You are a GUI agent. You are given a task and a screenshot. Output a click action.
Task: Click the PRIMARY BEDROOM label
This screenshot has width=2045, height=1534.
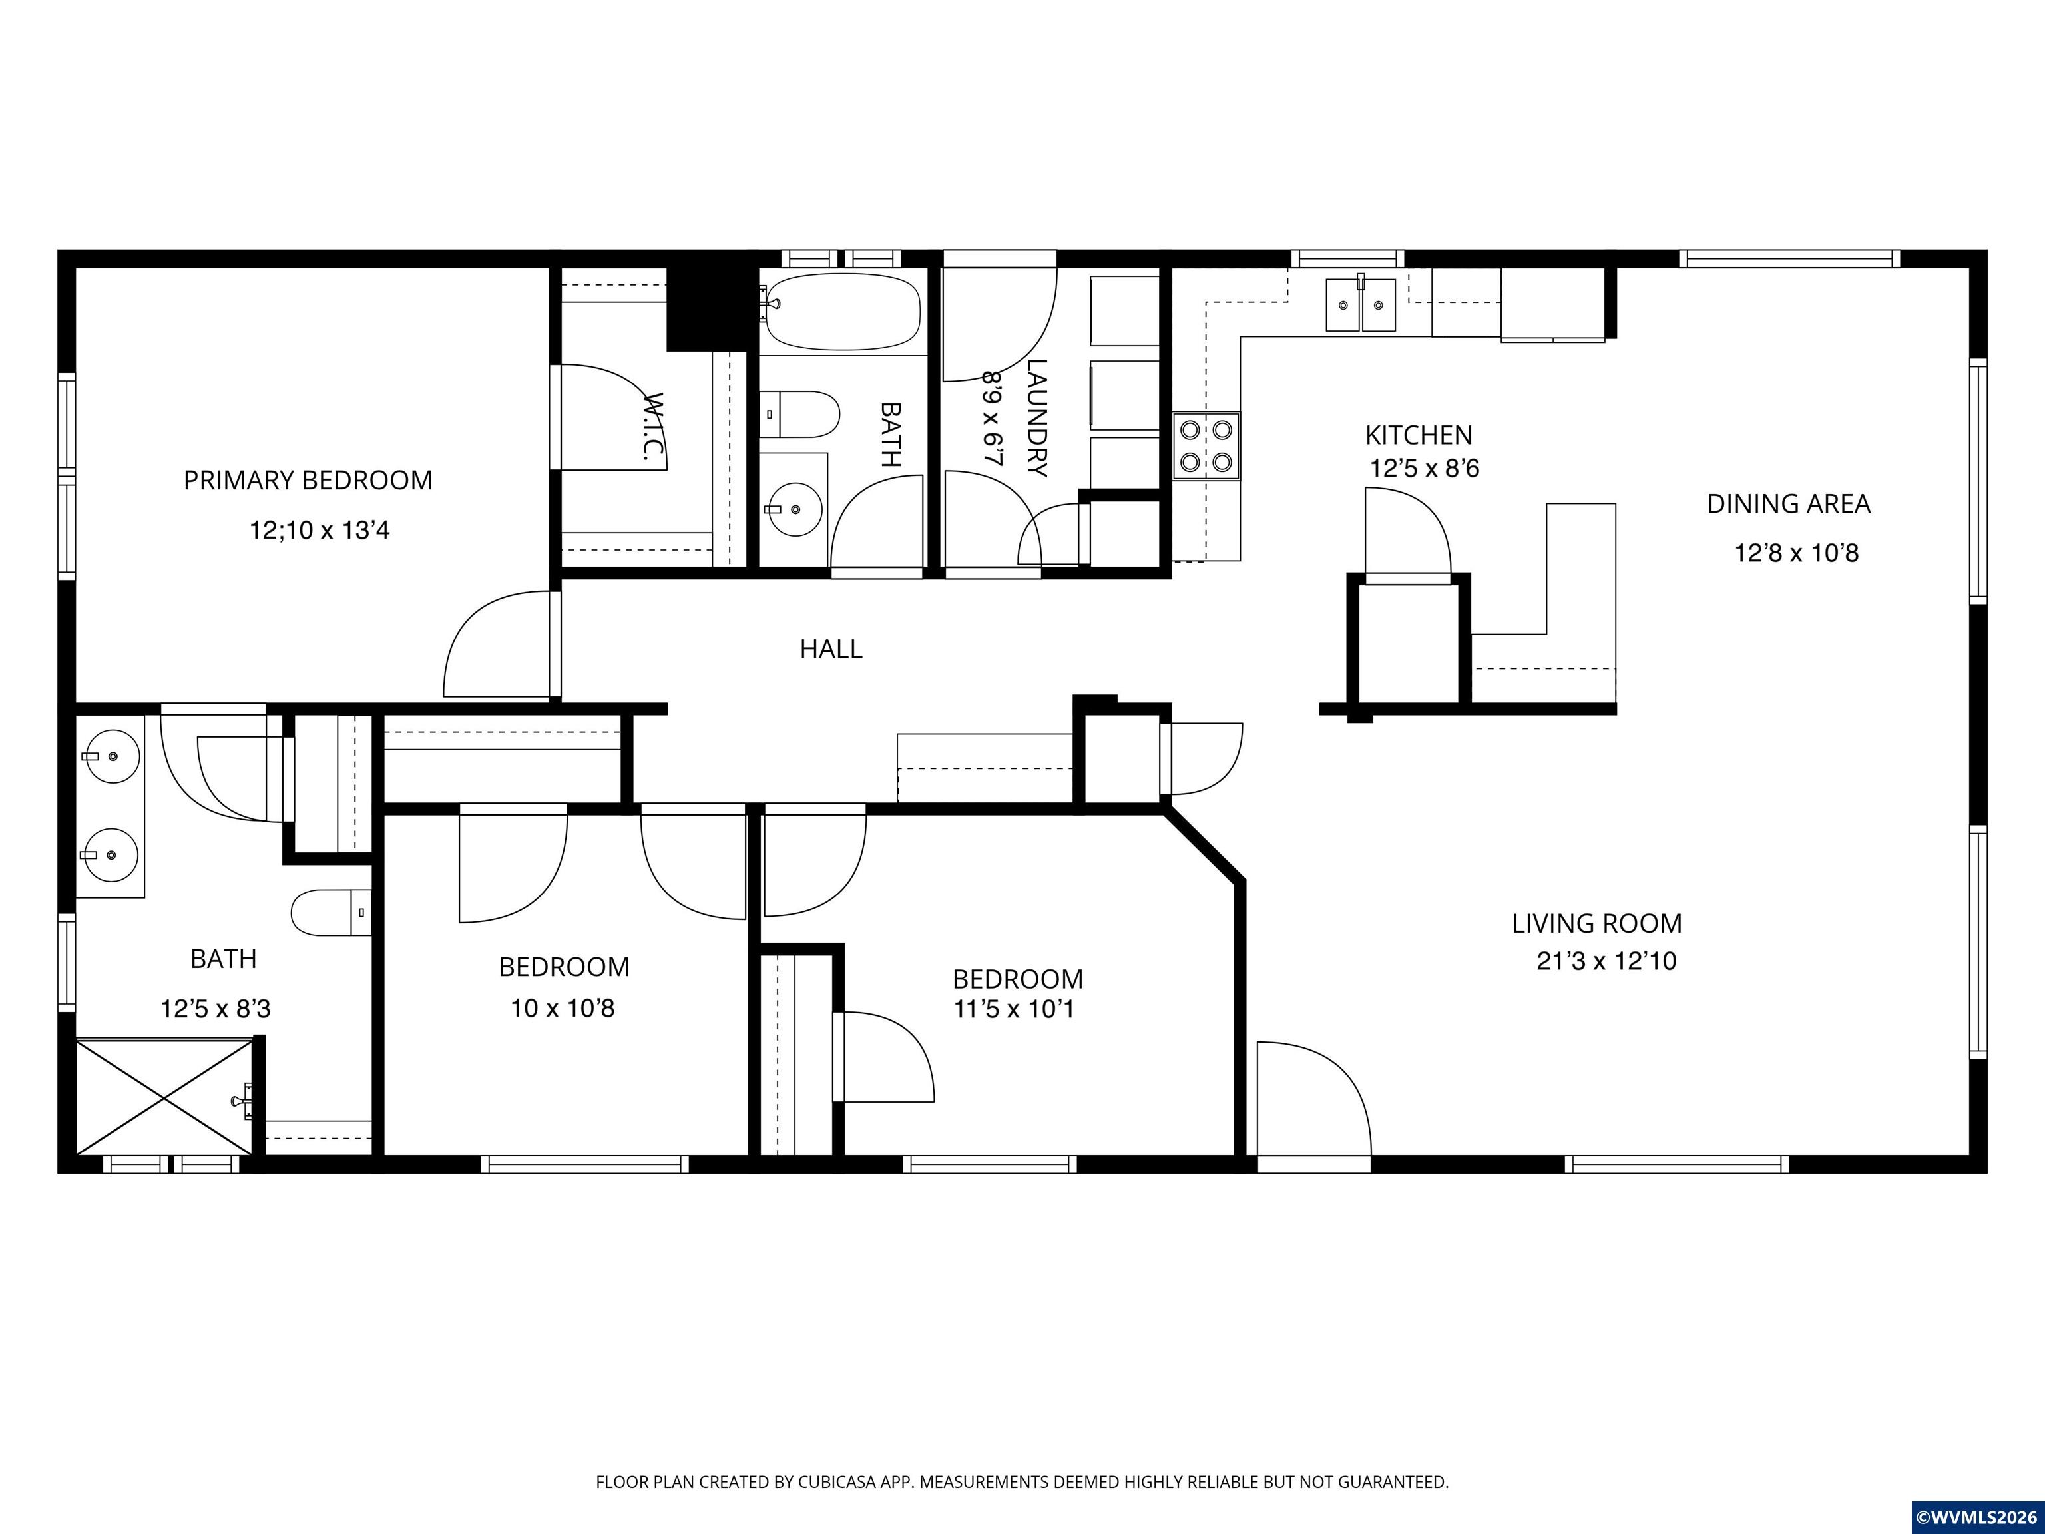(308, 481)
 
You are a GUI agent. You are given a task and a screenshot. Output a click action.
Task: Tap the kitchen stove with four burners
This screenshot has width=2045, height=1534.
(1206, 445)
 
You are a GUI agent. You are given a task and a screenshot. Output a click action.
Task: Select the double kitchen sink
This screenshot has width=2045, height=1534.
(1360, 304)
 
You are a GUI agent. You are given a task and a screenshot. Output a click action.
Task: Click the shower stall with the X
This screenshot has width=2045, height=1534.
(164, 1097)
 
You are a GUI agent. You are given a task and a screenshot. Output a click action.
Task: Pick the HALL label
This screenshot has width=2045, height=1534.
(831, 649)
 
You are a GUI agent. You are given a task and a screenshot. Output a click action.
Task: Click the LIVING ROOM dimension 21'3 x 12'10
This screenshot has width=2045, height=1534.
(1606, 961)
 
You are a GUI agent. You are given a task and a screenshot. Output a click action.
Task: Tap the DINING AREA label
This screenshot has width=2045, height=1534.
(1788, 504)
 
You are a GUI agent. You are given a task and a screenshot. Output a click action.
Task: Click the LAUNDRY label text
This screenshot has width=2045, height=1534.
(1037, 418)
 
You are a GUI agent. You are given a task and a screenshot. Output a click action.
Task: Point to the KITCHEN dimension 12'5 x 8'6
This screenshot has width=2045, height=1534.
(1424, 469)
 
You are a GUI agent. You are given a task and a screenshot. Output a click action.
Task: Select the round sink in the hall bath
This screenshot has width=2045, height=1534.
(795, 509)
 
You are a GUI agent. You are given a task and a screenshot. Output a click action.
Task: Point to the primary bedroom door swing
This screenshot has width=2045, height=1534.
(497, 644)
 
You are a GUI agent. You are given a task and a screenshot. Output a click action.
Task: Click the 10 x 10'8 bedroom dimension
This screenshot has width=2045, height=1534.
(563, 1008)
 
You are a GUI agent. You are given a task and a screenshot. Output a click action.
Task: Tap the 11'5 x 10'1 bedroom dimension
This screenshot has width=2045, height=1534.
(1015, 1008)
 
